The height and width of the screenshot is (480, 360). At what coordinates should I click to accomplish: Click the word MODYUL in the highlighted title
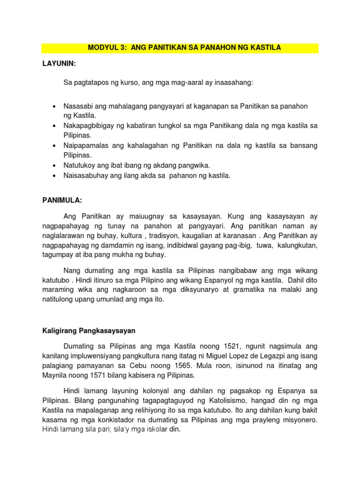(103, 48)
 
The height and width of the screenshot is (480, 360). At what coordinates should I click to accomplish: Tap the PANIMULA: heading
(62, 200)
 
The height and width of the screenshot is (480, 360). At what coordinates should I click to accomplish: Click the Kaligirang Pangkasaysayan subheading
(89, 330)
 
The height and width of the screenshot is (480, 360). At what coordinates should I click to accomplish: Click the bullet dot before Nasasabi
(55, 107)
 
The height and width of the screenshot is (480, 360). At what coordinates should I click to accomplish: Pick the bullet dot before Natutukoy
(55, 165)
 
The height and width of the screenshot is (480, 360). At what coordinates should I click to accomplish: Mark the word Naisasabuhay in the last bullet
(85, 176)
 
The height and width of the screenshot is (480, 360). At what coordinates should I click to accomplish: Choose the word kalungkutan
(294, 245)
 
